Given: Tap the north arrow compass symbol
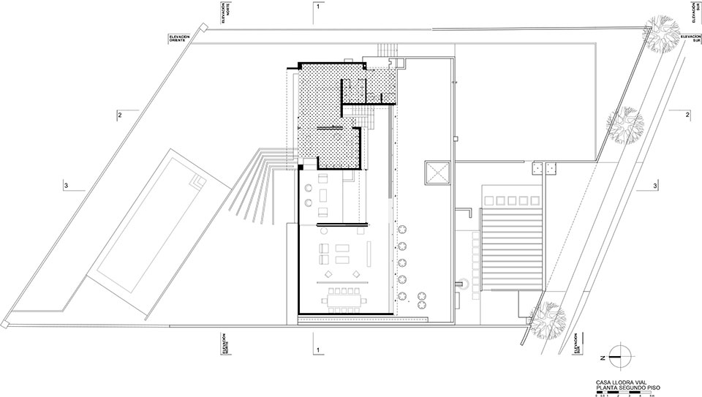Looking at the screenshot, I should pyautogui.click(x=619, y=356).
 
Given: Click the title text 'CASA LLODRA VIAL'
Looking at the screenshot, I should pyautogui.click(x=619, y=382).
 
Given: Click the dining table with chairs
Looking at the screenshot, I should pyautogui.click(x=346, y=298).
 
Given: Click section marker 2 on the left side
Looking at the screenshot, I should pyautogui.click(x=117, y=115).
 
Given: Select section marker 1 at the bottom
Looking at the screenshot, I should pyautogui.click(x=317, y=350).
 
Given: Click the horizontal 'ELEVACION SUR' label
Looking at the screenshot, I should pyautogui.click(x=690, y=37).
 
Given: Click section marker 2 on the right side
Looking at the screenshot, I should pyautogui.click(x=687, y=115).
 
